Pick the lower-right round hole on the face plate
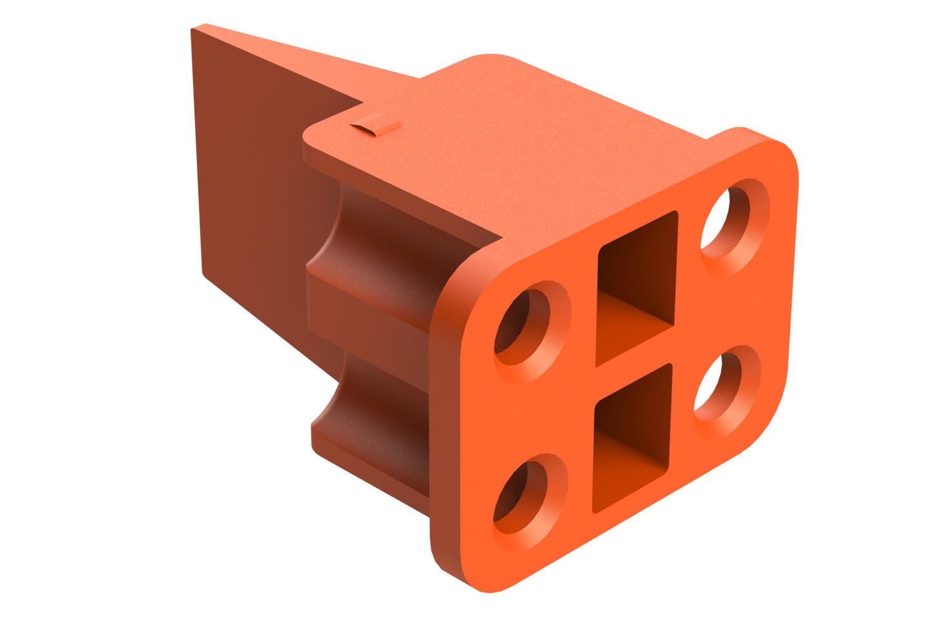coord(719,385)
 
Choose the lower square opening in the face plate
coord(632,438)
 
